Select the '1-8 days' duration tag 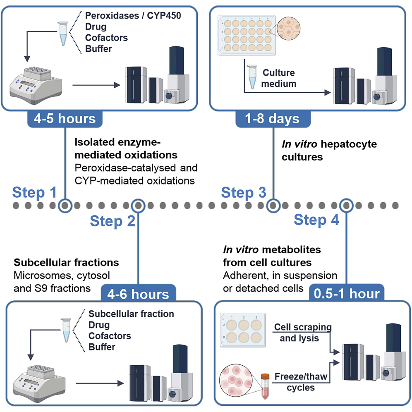tap(273, 119)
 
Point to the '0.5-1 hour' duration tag tap(346, 294)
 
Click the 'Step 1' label tap(34, 192)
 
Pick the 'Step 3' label tap(243, 192)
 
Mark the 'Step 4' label tap(316, 220)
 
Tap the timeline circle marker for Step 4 tap(346, 205)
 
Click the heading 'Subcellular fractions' tap(67, 263)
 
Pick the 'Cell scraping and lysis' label tap(303, 333)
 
